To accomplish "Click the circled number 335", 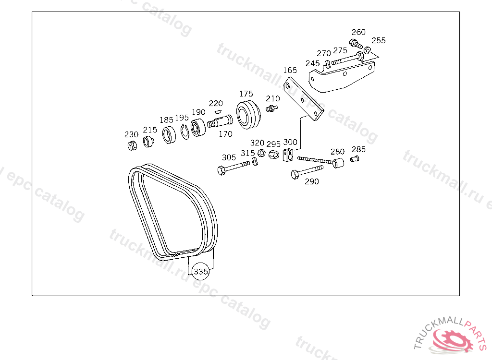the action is [201, 272].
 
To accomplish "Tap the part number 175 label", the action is [246, 94].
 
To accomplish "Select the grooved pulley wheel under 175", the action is [248, 114].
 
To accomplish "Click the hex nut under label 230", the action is [133, 145].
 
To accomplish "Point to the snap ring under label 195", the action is [185, 132].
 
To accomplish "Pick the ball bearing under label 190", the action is [198, 128].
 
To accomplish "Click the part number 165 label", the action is [290, 70].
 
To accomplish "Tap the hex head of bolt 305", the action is [221, 171].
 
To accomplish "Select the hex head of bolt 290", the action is [295, 175].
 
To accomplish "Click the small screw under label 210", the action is [272, 108].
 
